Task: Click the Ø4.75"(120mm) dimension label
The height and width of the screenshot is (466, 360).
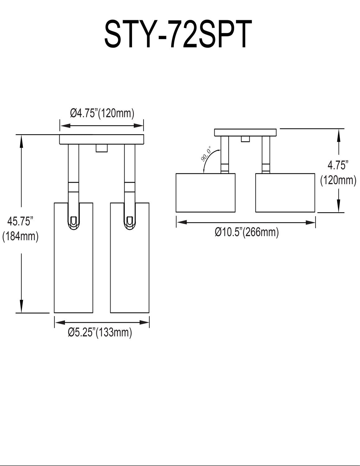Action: [x=102, y=113]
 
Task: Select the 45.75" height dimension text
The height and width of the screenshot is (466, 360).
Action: [x=20, y=222]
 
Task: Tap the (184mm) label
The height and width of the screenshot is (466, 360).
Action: [x=20, y=236]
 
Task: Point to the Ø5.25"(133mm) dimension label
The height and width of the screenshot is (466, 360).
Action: [x=100, y=333]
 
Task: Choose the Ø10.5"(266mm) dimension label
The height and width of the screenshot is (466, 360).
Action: [x=246, y=232]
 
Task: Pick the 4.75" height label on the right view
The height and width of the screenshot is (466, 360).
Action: [x=338, y=166]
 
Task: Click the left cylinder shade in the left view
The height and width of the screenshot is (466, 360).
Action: [x=74, y=264]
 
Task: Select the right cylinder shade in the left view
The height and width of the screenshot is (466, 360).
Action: [x=130, y=264]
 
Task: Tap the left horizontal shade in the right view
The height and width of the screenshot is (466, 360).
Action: [x=205, y=193]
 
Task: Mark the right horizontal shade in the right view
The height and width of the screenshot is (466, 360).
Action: [x=285, y=193]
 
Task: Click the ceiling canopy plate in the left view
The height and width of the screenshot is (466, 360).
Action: [x=102, y=139]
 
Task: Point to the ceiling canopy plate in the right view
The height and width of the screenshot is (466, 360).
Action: [x=245, y=133]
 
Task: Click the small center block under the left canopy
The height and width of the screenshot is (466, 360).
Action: [x=102, y=148]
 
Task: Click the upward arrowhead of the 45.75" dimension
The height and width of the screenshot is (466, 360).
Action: [x=21, y=140]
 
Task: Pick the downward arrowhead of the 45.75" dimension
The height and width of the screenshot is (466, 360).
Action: [x=21, y=308]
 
